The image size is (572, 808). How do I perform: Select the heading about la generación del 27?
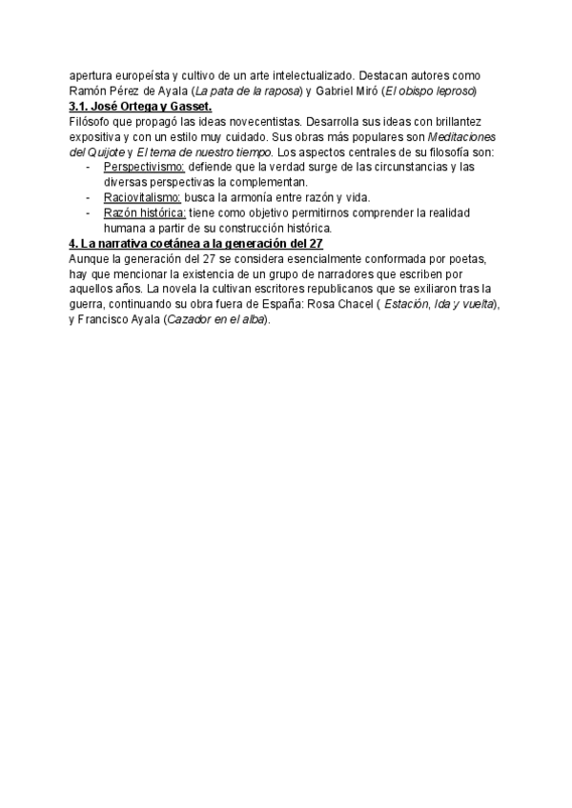(x=197, y=244)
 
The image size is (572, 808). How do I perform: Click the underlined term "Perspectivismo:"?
(x=143, y=168)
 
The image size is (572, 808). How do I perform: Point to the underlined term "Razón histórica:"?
(x=146, y=212)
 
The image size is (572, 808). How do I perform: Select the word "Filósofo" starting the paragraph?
(x=92, y=121)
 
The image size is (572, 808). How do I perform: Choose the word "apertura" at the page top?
(x=93, y=75)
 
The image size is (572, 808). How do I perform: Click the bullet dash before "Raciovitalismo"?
(x=89, y=197)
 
